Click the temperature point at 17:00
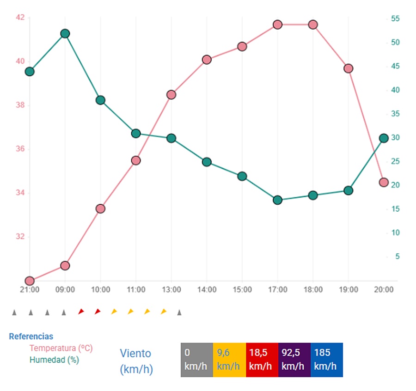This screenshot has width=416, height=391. [277, 24]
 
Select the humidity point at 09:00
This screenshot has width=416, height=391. [65, 33]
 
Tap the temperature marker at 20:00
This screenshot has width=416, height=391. [384, 182]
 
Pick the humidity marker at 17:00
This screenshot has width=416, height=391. [277, 200]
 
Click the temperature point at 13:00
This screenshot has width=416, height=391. [171, 95]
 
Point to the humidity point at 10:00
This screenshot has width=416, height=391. [100, 100]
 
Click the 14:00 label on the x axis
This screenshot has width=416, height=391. [207, 290]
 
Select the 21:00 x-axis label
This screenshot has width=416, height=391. [30, 290]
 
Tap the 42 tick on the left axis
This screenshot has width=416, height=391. [20, 18]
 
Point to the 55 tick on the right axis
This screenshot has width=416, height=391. [395, 18]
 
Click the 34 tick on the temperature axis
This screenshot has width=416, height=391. [20, 193]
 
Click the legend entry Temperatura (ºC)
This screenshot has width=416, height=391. [61, 348]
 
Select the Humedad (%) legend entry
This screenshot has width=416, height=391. [54, 360]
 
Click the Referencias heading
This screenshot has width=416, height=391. [31, 336]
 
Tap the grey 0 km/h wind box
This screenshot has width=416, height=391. [196, 360]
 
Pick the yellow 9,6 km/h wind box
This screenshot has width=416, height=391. [229, 360]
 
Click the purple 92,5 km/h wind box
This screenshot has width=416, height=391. [294, 360]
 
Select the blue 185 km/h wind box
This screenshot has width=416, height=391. [326, 360]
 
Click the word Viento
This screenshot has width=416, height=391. [135, 354]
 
